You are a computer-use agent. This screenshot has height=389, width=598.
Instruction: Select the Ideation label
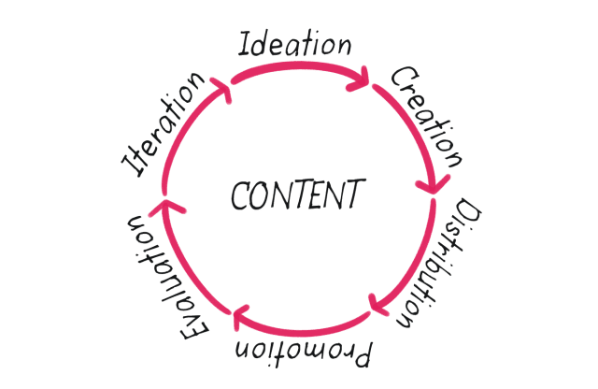coord(294,44)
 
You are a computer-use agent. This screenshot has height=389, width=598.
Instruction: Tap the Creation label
coord(427,117)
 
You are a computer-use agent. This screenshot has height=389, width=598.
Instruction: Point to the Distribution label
coord(439,263)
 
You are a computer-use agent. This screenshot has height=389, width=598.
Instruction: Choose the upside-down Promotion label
coord(303,353)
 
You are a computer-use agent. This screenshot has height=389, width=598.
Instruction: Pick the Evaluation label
coord(167,278)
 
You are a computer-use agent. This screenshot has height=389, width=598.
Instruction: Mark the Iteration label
coord(163,124)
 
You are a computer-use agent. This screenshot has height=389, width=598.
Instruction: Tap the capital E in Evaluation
coord(194,329)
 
